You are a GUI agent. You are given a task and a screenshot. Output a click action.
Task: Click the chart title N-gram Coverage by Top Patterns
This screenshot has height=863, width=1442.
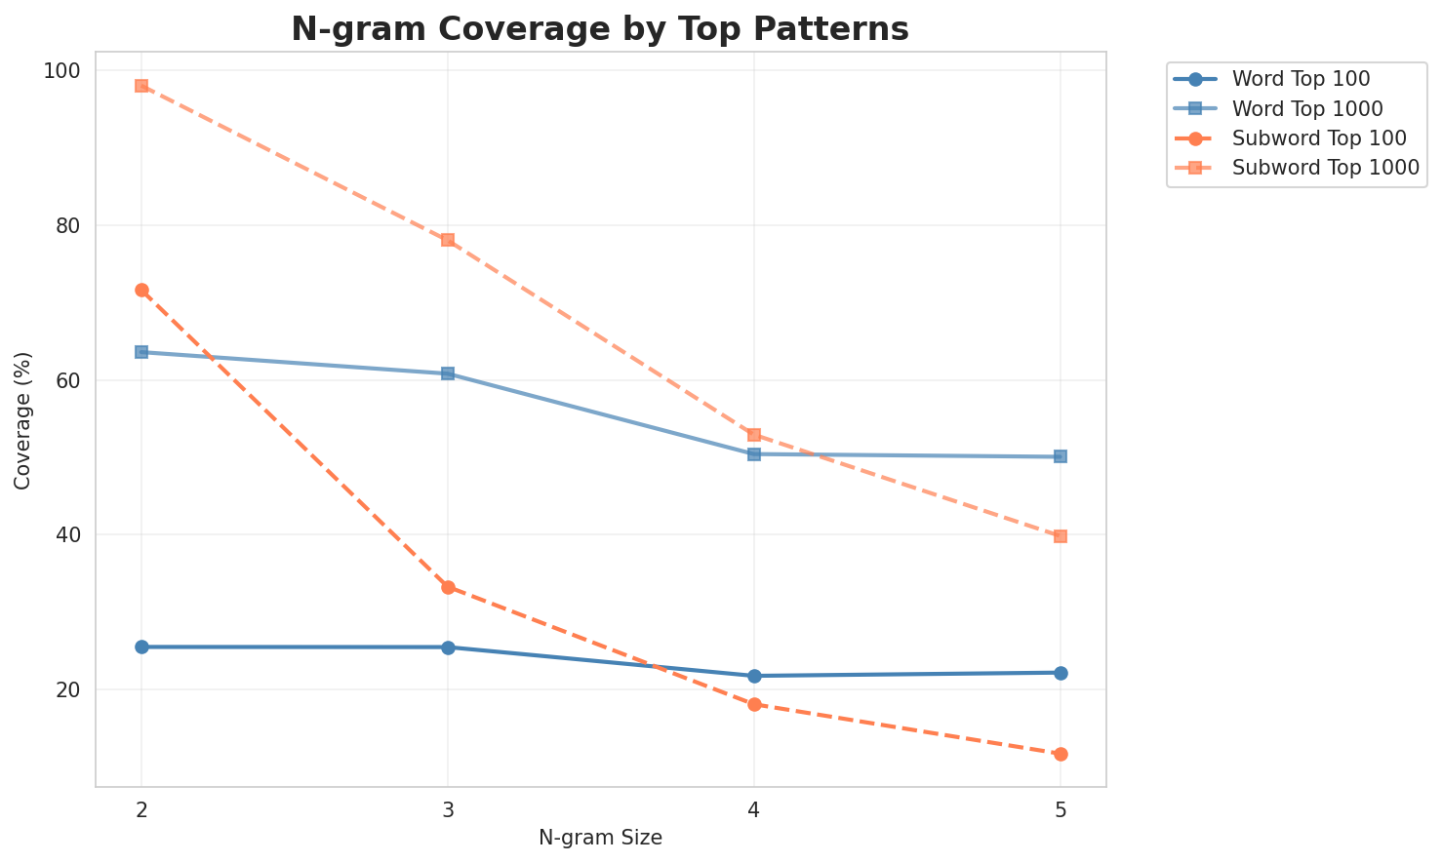[x=600, y=29]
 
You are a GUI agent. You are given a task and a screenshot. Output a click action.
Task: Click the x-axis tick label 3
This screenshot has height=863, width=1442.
[x=448, y=809]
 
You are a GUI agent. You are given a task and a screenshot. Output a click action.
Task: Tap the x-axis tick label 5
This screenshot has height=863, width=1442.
[x=1061, y=809]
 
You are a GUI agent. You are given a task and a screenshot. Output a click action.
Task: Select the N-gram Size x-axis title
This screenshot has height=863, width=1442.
[x=600, y=838]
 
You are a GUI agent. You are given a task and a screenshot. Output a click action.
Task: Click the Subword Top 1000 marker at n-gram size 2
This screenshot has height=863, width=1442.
[x=141, y=86]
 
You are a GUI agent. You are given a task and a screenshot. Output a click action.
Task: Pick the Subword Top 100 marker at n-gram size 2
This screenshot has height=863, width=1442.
[x=141, y=291]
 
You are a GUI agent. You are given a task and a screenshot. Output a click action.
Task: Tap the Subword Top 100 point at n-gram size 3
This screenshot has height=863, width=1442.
[x=448, y=587]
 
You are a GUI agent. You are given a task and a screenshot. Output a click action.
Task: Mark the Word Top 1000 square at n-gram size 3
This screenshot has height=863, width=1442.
[x=448, y=373]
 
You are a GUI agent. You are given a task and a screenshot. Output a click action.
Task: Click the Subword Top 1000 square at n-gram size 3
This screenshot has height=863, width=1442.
[x=448, y=240]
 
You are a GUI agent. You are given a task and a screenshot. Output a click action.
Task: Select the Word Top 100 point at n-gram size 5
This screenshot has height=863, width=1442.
[x=1061, y=673]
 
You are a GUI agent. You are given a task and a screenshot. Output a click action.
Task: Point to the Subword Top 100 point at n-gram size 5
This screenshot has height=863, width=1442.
[x=1061, y=754]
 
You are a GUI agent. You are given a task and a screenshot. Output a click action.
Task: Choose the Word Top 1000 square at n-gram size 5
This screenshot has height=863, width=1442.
[x=1061, y=456]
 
